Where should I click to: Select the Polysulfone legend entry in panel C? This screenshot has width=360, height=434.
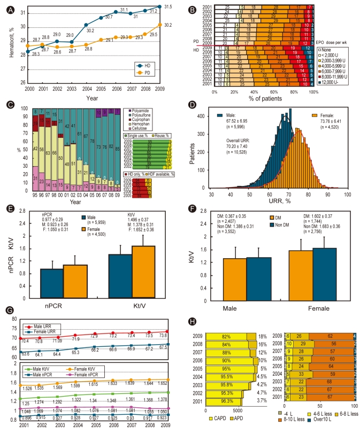point(142,117)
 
